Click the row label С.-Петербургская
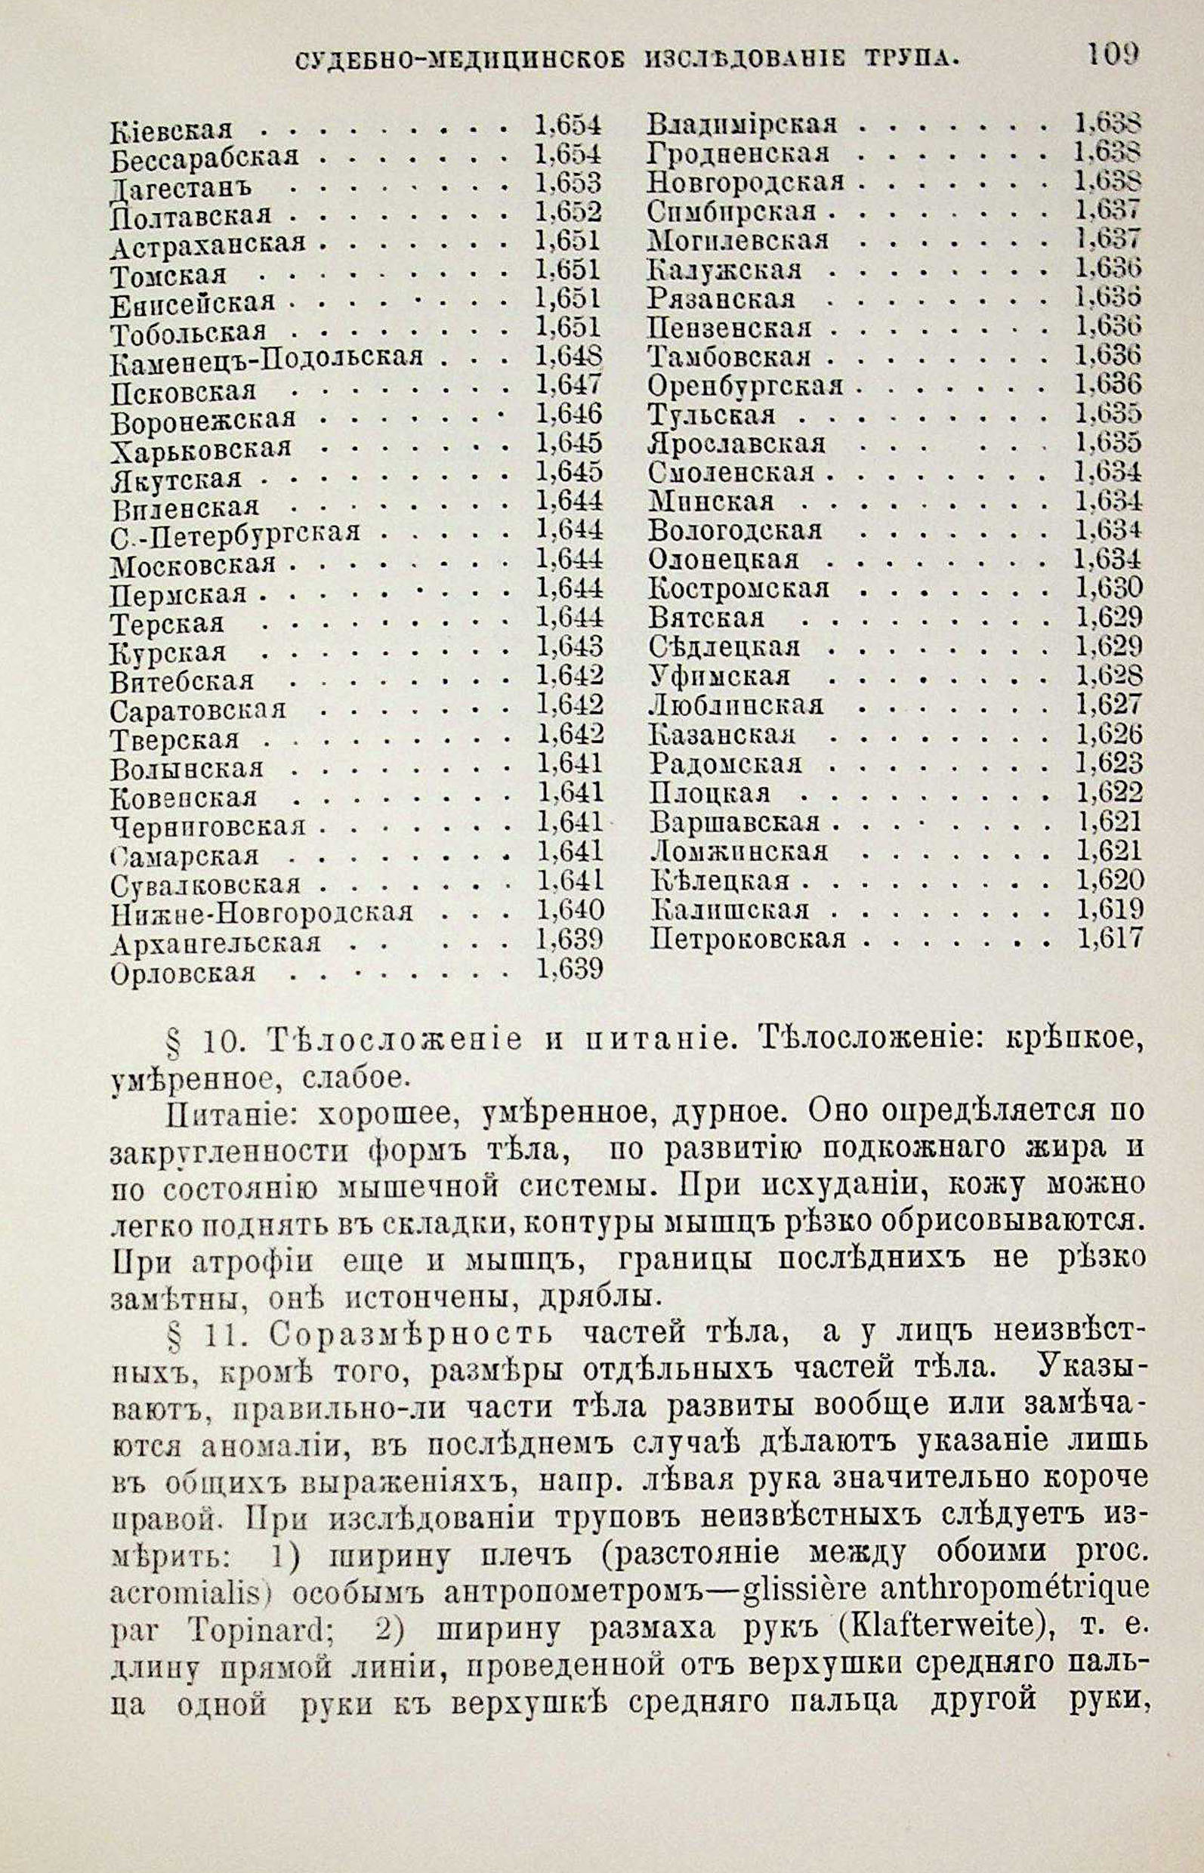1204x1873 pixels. [236, 534]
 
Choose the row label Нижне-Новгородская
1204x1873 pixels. [262, 913]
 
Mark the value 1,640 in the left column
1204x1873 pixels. [571, 910]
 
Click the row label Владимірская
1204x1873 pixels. [742, 124]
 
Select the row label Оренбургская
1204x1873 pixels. [746, 386]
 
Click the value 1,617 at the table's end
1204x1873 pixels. [1110, 937]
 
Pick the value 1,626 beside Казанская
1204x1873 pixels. [1110, 734]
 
